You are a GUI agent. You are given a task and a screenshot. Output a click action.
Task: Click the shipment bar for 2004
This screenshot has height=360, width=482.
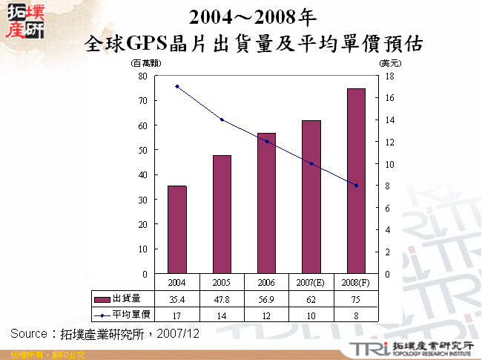pos(177,229)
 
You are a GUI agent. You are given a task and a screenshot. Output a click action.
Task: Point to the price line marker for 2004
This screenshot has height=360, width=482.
pos(177,86)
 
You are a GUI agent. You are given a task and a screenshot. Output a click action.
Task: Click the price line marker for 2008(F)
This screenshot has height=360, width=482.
pos(356,186)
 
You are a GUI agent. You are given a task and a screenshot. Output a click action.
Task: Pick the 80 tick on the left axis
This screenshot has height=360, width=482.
pos(142,76)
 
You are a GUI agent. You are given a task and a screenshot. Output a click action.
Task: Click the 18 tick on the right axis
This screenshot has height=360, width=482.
pos(389,76)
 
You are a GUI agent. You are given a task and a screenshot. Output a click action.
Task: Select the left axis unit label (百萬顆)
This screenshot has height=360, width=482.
pos(142,64)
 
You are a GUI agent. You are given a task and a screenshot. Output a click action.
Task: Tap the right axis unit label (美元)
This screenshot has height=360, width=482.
pos(390,64)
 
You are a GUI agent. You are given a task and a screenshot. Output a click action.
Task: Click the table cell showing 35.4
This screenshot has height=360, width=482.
pos(177,300)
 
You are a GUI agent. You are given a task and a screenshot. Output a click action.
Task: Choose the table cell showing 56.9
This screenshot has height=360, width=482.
pos(266,300)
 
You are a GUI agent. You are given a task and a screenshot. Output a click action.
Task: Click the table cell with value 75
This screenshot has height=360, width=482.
pos(356,300)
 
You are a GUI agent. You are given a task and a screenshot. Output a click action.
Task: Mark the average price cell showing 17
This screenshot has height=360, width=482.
pos(177,315)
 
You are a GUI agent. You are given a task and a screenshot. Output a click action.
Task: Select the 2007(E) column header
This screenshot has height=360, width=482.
pos(311,283)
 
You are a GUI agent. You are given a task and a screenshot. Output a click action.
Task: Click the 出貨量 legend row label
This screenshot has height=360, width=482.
pos(126,299)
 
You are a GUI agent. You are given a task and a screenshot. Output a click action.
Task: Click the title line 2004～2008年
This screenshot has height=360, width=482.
pos(253,17)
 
